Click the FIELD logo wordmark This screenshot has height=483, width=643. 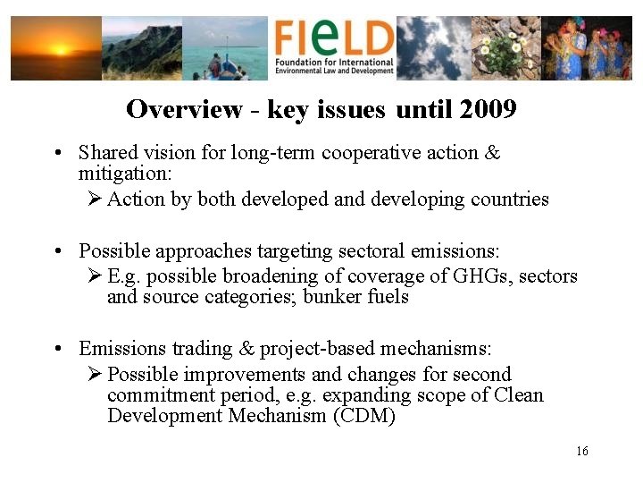point(334,38)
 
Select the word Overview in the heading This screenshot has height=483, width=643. point(184,109)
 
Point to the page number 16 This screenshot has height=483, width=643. point(582,451)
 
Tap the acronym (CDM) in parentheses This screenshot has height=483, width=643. point(364,416)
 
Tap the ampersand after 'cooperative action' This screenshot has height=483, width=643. point(492,152)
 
